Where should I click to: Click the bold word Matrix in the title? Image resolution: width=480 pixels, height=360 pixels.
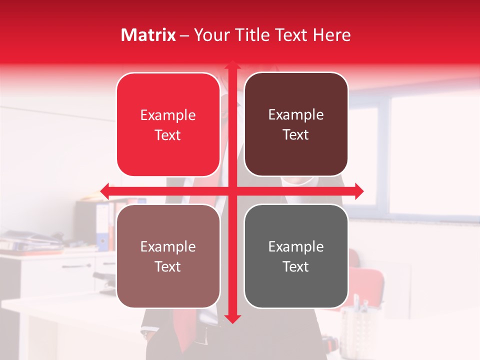pyautogui.click(x=148, y=35)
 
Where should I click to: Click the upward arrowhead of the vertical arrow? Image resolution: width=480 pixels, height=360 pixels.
pyautogui.click(x=232, y=65)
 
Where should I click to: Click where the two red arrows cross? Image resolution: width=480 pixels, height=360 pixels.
pyautogui.click(x=232, y=191)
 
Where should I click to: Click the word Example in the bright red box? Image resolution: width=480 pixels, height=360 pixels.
pyautogui.click(x=168, y=115)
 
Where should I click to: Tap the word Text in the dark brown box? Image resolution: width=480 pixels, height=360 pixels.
pyautogui.click(x=296, y=135)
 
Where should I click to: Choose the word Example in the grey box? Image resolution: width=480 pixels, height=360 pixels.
pyautogui.click(x=296, y=246)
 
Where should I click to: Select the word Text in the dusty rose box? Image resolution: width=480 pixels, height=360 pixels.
pyautogui.click(x=168, y=266)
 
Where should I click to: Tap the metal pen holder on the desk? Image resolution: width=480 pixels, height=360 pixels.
pyautogui.click(x=358, y=325)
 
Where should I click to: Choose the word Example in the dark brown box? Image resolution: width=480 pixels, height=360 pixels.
pyautogui.click(x=296, y=115)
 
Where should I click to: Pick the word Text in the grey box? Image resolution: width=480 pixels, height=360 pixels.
pyautogui.click(x=296, y=266)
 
